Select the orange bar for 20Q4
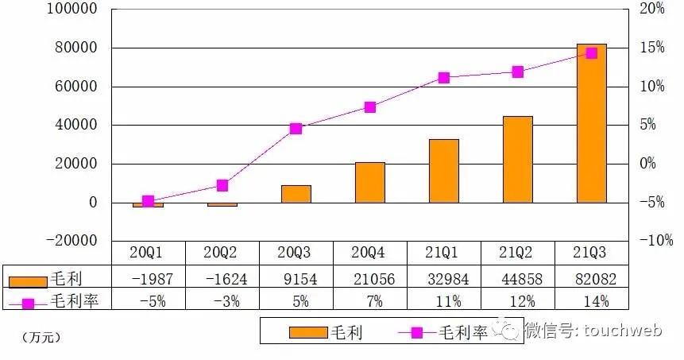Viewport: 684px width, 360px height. tap(370, 182)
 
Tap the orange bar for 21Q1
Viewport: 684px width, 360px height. tap(444, 171)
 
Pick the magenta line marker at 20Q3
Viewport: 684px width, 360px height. tap(296, 128)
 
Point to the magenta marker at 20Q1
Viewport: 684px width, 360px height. tap(149, 202)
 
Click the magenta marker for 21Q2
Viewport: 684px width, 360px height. tap(518, 72)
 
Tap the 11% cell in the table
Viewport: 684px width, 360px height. tap(443, 301)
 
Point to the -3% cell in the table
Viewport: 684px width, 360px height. tap(222, 301)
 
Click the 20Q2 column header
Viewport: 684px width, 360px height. tap(222, 253)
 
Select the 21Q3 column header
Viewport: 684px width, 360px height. tap(591, 253)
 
